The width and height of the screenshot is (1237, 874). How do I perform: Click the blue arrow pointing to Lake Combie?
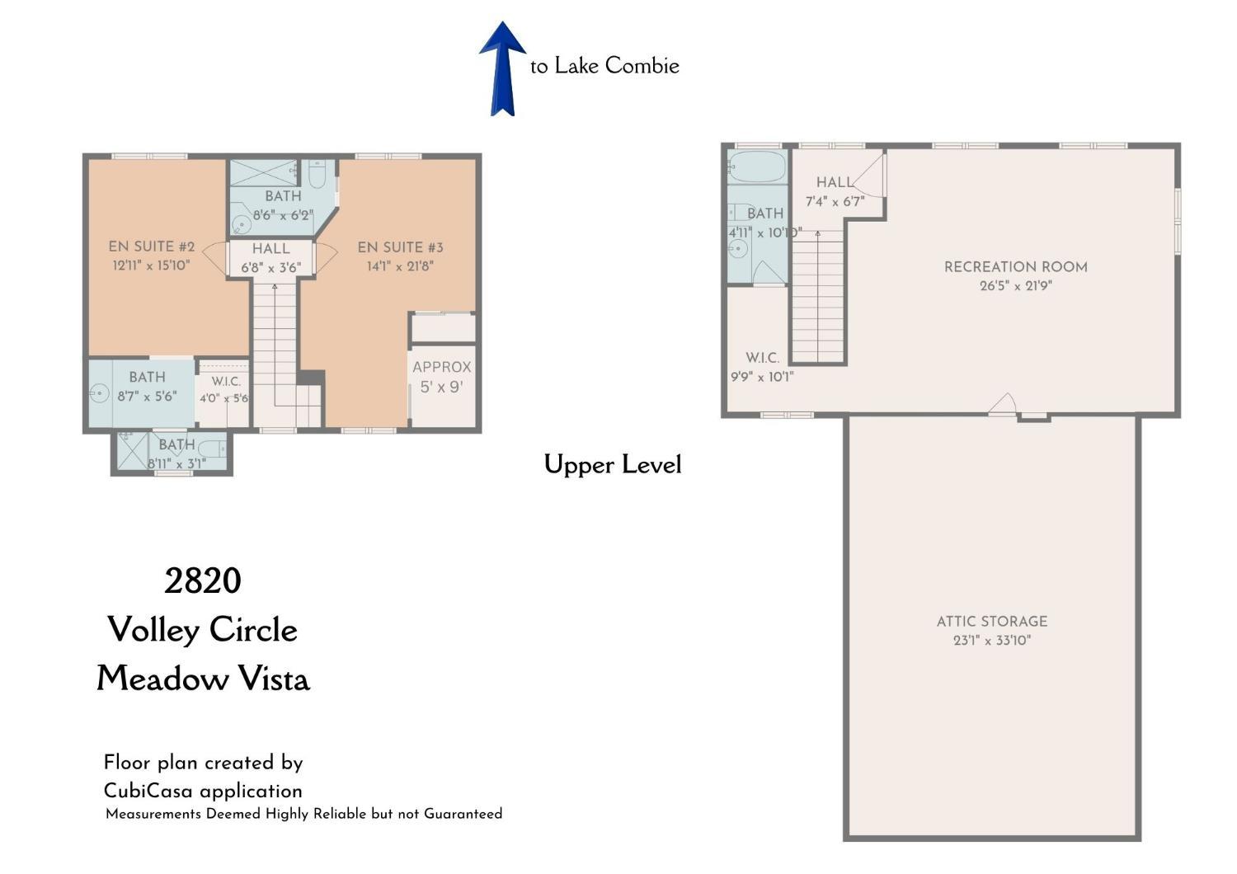pos(502,69)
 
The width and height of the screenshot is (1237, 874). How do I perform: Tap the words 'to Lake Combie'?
pos(604,66)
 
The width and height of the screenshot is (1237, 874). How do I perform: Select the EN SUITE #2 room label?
pos(151,247)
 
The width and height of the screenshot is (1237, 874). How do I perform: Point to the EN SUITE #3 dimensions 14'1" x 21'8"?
pos(400,266)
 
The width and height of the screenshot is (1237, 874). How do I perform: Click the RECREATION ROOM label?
pos(1015,267)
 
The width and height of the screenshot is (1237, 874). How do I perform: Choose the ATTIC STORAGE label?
pos(992,622)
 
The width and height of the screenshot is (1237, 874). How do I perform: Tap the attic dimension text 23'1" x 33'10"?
pos(992,641)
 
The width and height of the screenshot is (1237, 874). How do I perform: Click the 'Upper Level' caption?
pos(613,464)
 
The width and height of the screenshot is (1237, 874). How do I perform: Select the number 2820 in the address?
pos(203,580)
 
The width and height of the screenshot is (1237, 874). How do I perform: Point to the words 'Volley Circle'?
pos(203,630)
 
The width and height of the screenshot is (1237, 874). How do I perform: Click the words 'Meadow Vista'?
pos(203,679)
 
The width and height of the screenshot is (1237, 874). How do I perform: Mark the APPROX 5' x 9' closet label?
pos(442,377)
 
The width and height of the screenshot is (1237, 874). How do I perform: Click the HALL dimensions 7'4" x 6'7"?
pos(835,201)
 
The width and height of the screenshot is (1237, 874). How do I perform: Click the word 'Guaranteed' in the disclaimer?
pos(463,814)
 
